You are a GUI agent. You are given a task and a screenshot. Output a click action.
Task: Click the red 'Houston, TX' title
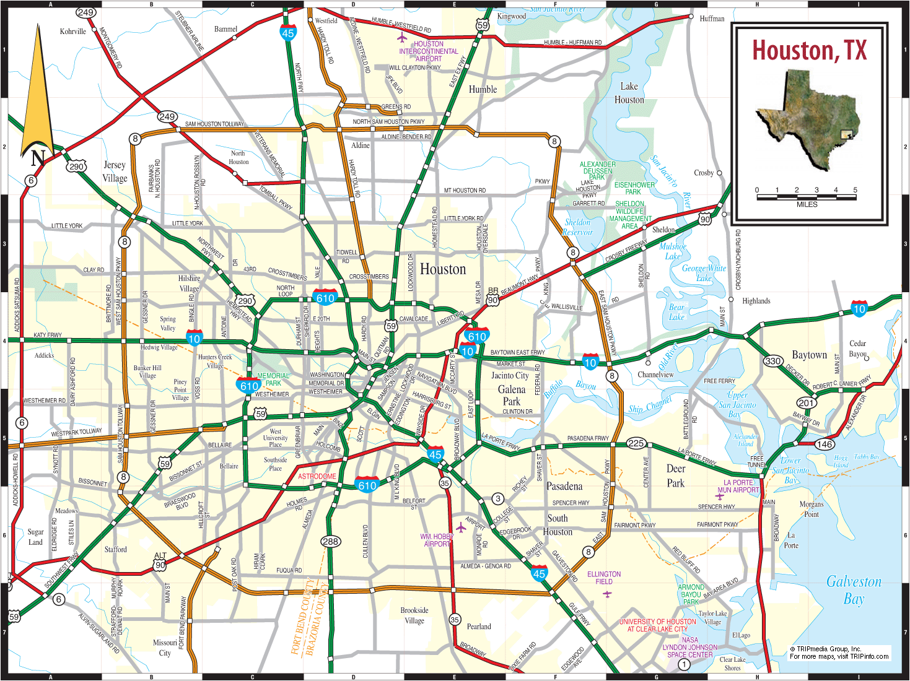(809, 51)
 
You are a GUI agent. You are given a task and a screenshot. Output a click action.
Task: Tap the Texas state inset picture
(807, 119)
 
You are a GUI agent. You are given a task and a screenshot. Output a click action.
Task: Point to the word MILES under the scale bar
(807, 204)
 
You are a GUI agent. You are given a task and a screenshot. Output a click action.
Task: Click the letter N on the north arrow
(38, 158)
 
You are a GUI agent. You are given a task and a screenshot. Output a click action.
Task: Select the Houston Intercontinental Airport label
(429, 51)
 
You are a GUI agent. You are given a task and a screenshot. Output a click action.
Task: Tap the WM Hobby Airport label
(437, 540)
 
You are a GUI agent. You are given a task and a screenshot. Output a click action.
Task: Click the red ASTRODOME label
(317, 476)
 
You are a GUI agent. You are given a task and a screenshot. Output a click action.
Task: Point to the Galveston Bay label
(854, 589)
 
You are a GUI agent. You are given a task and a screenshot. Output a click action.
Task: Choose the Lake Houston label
(629, 93)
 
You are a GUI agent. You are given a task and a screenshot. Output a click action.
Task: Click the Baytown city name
(809, 355)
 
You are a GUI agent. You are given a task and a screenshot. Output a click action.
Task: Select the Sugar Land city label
(35, 537)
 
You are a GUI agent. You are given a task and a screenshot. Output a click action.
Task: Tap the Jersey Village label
(115, 171)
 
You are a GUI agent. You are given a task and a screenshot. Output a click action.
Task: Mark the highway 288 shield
(330, 542)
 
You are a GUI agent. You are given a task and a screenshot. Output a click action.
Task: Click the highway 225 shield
(636, 443)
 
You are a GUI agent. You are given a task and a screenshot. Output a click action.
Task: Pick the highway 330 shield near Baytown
(772, 361)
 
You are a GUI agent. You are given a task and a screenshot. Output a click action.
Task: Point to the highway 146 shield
(824, 444)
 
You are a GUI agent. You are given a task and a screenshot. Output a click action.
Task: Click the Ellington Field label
(604, 578)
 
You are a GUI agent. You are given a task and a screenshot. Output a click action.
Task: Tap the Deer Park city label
(676, 475)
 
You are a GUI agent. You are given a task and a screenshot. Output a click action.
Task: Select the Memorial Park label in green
(273, 380)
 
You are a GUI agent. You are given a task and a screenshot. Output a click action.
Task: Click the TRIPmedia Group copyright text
(839, 653)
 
